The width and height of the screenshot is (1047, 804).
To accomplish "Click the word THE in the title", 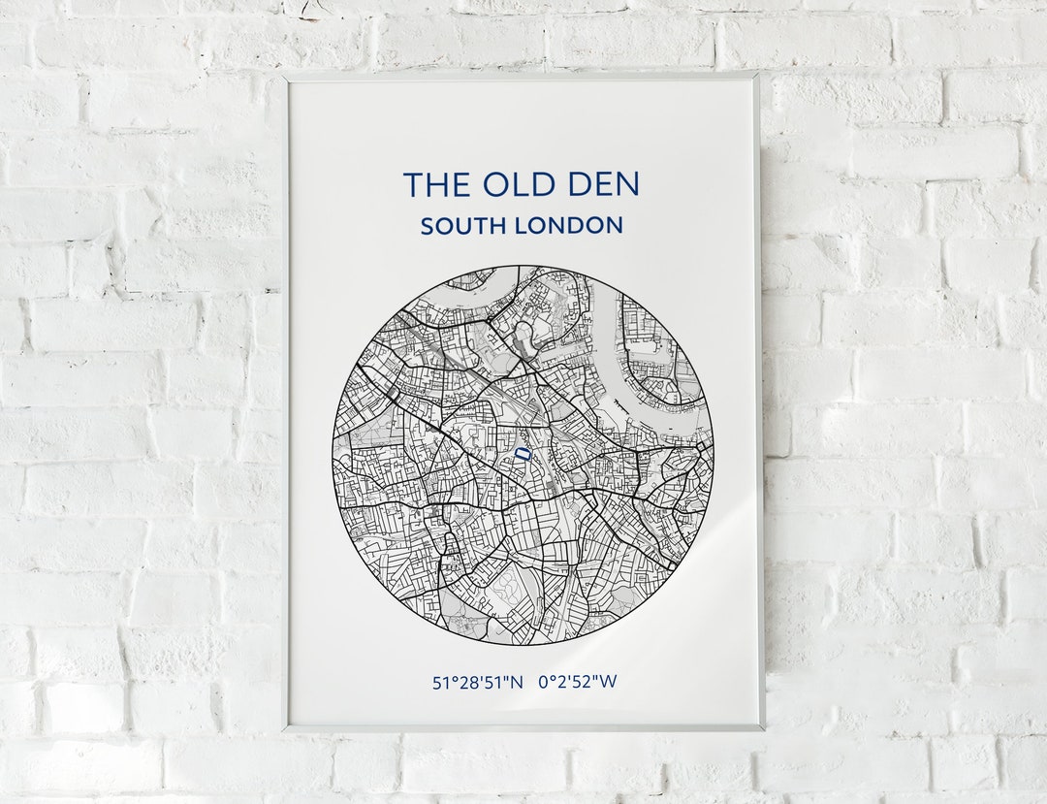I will (433, 184).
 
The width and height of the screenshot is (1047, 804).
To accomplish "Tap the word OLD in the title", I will (514, 184).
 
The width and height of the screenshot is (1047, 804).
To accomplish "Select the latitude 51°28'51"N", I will (477, 682).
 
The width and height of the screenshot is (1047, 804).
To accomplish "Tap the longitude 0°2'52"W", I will (578, 682).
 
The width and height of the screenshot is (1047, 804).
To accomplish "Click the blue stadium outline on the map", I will (523, 453).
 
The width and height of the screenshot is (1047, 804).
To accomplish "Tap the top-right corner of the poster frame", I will (758, 74).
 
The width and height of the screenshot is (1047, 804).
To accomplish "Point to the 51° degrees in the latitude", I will (443, 682).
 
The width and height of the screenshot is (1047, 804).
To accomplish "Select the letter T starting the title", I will (411, 184).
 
